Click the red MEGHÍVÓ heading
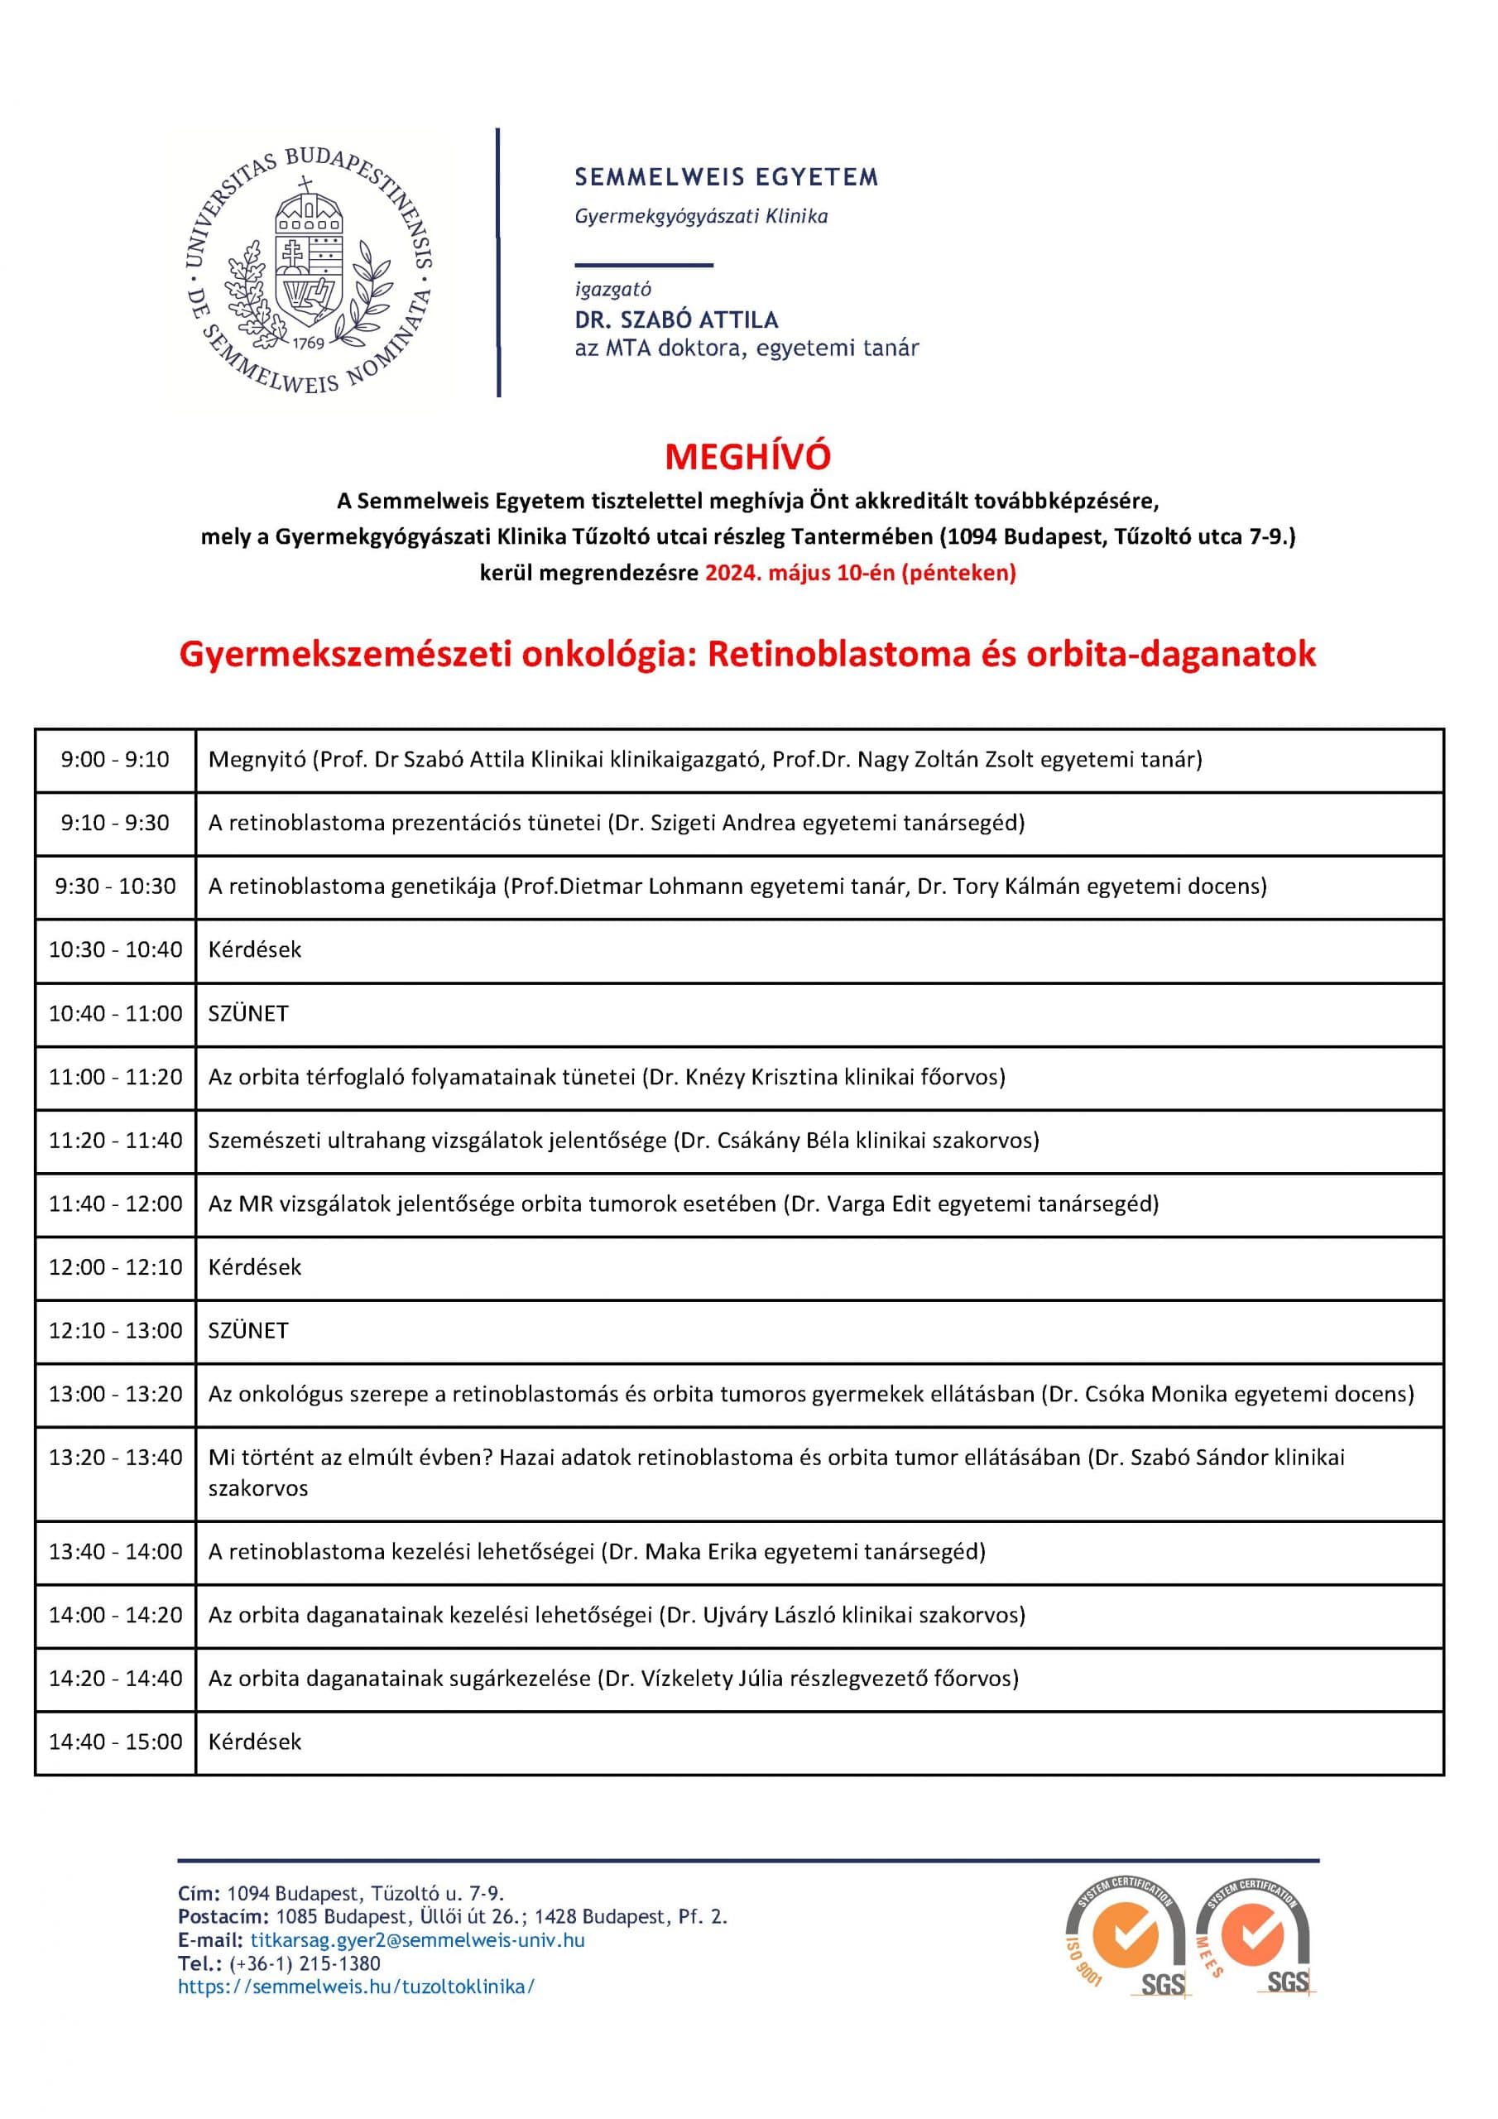[x=747, y=457]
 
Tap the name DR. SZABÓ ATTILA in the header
[x=676, y=320]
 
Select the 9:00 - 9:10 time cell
[x=115, y=760]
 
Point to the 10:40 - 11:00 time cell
[x=115, y=1013]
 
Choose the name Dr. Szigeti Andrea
[x=705, y=822]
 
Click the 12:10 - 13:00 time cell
[x=115, y=1330]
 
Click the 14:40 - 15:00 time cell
[x=115, y=1742]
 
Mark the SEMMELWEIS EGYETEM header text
[x=727, y=177]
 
